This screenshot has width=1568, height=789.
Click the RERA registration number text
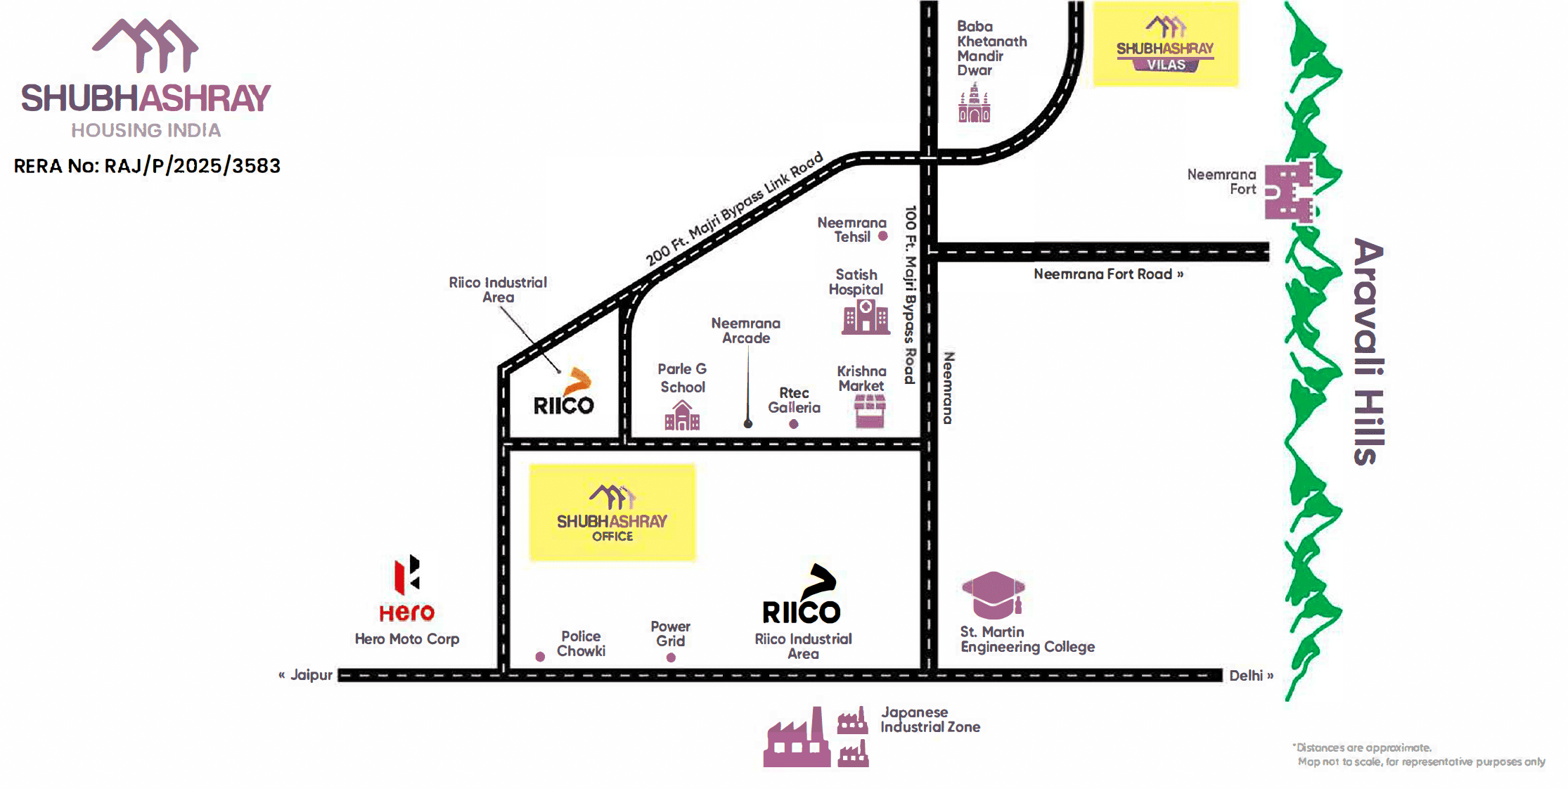[x=147, y=166]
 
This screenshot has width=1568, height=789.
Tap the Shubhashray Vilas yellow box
[x=1165, y=44]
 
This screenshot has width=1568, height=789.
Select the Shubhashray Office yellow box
[x=612, y=512]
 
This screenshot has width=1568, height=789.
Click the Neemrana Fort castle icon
[x=1288, y=192]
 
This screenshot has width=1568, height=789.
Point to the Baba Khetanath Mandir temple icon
[x=975, y=103]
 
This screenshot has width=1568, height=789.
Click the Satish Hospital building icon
[x=866, y=317]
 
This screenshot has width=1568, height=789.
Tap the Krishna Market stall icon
[x=870, y=411]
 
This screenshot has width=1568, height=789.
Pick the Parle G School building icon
[x=682, y=416]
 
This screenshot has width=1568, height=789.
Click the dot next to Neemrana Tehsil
[x=883, y=236]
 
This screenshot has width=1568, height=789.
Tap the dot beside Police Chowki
[x=540, y=657]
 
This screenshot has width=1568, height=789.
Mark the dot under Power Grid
[x=671, y=657]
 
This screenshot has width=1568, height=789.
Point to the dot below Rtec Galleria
[x=794, y=424]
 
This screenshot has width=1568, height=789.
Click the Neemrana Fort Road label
[x=1108, y=274]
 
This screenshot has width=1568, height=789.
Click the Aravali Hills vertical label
[x=1368, y=352]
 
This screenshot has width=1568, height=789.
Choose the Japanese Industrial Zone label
[x=930, y=720]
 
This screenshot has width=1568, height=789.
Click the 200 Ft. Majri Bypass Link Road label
[x=734, y=209]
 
